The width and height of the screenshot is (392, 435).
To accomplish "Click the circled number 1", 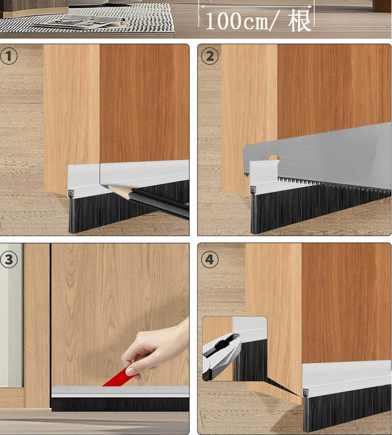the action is click(x=9, y=56).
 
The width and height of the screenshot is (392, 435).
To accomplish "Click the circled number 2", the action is click(x=210, y=56).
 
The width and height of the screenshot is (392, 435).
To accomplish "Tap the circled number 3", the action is click(x=9, y=260).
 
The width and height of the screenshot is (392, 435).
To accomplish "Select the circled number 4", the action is click(x=210, y=260).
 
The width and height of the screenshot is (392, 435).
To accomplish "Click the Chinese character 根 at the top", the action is click(x=299, y=21).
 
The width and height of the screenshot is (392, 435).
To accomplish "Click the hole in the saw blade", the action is click(x=273, y=158).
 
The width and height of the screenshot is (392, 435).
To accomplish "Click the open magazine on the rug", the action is click(x=80, y=21).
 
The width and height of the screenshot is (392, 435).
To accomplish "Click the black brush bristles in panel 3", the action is click(x=120, y=404).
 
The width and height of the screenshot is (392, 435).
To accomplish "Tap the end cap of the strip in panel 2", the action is click(x=253, y=190).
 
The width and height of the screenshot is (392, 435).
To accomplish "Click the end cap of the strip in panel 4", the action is click(x=306, y=393).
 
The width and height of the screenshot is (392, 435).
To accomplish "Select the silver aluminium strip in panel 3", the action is click(x=120, y=392).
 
